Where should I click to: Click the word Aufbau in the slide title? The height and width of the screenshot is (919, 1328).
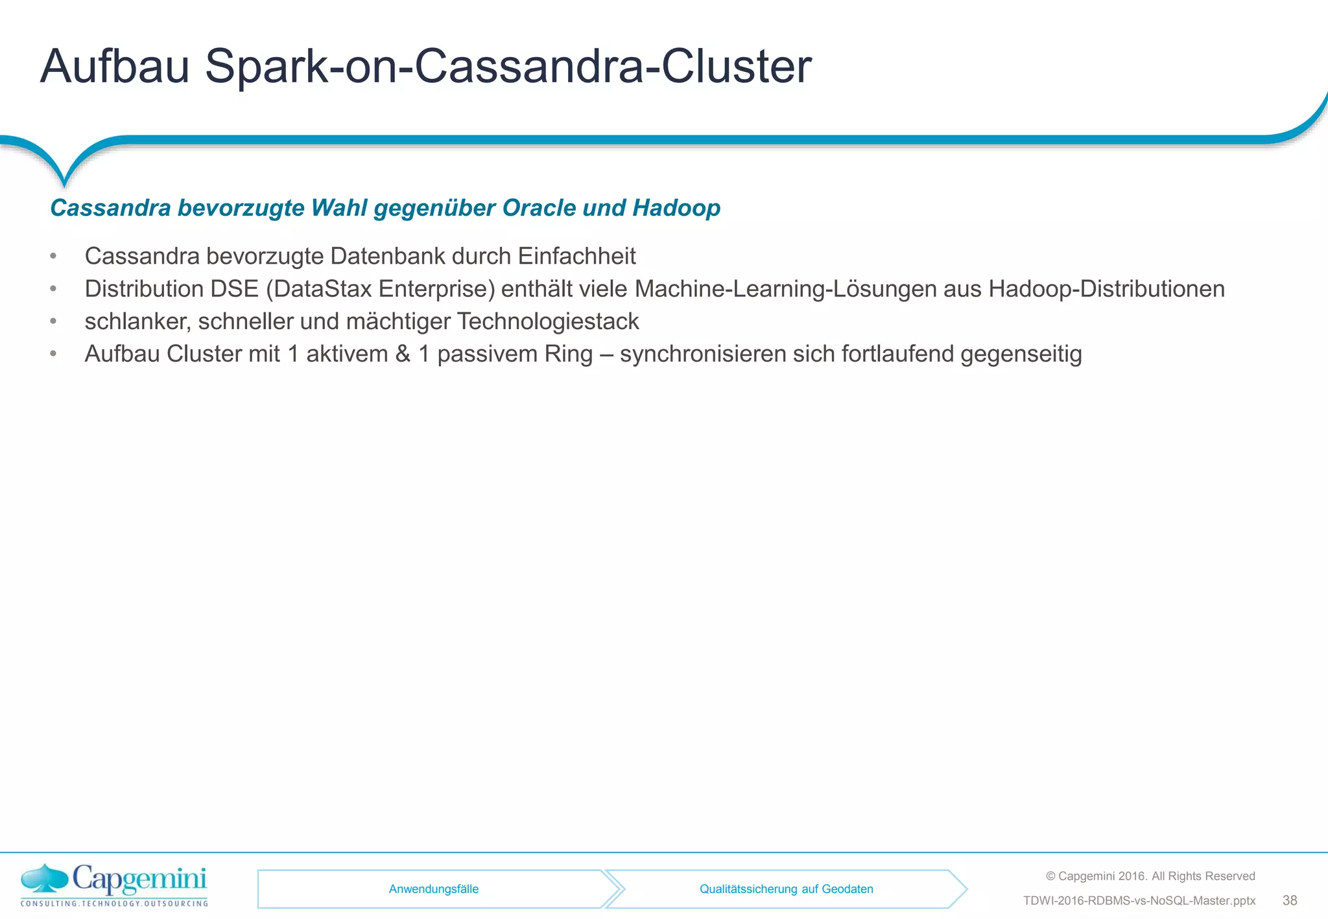[x=115, y=66]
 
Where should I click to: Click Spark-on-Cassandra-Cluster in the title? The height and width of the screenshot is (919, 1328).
[x=508, y=66]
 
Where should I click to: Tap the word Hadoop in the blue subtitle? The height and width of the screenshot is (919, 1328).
[x=676, y=208]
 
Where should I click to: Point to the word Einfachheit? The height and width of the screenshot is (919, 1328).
[x=576, y=257]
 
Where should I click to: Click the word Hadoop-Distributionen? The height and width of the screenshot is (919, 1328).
[x=1106, y=289]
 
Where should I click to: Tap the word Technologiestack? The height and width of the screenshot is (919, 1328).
[x=548, y=321]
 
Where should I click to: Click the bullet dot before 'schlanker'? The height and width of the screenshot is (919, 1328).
[x=54, y=321]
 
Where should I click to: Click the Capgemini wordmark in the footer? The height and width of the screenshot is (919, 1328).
[x=139, y=880]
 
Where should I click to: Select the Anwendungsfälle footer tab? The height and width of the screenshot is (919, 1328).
[x=433, y=889]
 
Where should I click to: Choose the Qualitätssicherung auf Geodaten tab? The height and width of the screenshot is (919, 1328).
[x=786, y=889]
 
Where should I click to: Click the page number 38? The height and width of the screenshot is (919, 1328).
[x=1289, y=900]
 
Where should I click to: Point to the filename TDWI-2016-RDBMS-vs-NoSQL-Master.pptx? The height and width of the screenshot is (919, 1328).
[x=1139, y=901]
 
